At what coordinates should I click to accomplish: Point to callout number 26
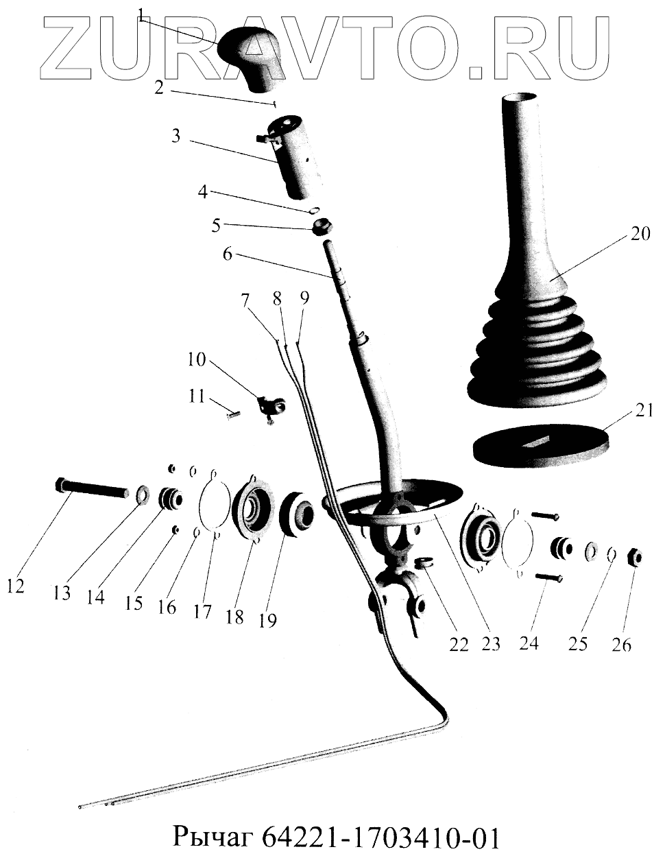pyautogui.click(x=622, y=645)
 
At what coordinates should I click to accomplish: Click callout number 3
pyautogui.click(x=176, y=136)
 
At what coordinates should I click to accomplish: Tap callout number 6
pyautogui.click(x=228, y=254)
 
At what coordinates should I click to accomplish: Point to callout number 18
pyautogui.click(x=234, y=616)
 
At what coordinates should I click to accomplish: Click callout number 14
pyautogui.click(x=96, y=597)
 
